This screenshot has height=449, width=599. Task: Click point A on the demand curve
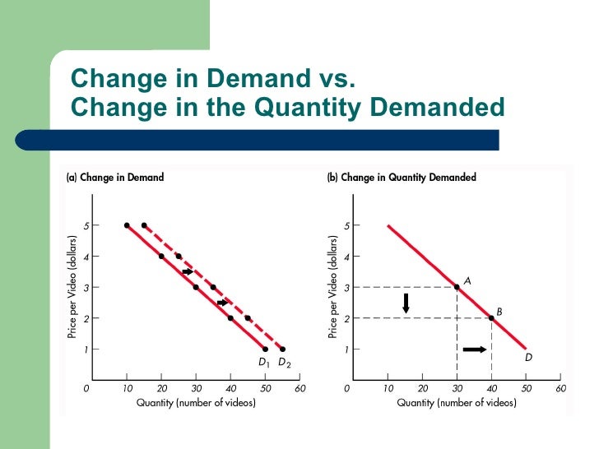[x=457, y=287]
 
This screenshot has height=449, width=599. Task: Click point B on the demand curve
[x=492, y=317]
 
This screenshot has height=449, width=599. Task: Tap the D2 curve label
[x=283, y=363]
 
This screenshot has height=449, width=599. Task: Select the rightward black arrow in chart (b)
[x=475, y=349]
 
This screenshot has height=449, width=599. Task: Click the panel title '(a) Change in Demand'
[x=115, y=177]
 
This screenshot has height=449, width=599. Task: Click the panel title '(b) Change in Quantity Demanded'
[x=402, y=177]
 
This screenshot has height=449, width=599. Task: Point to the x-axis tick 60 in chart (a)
[x=299, y=387]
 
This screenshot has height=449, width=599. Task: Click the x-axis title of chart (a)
[x=196, y=403]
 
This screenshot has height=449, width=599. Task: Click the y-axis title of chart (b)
[x=333, y=286]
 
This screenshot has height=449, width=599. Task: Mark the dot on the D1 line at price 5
[x=127, y=225]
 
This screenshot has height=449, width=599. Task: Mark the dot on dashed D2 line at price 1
[x=282, y=349]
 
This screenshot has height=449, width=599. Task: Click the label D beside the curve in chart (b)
[x=528, y=358]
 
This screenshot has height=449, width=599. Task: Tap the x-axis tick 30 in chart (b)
[x=457, y=387]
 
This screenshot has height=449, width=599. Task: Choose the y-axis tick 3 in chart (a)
[x=86, y=287]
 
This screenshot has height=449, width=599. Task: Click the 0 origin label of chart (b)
[x=347, y=387]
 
